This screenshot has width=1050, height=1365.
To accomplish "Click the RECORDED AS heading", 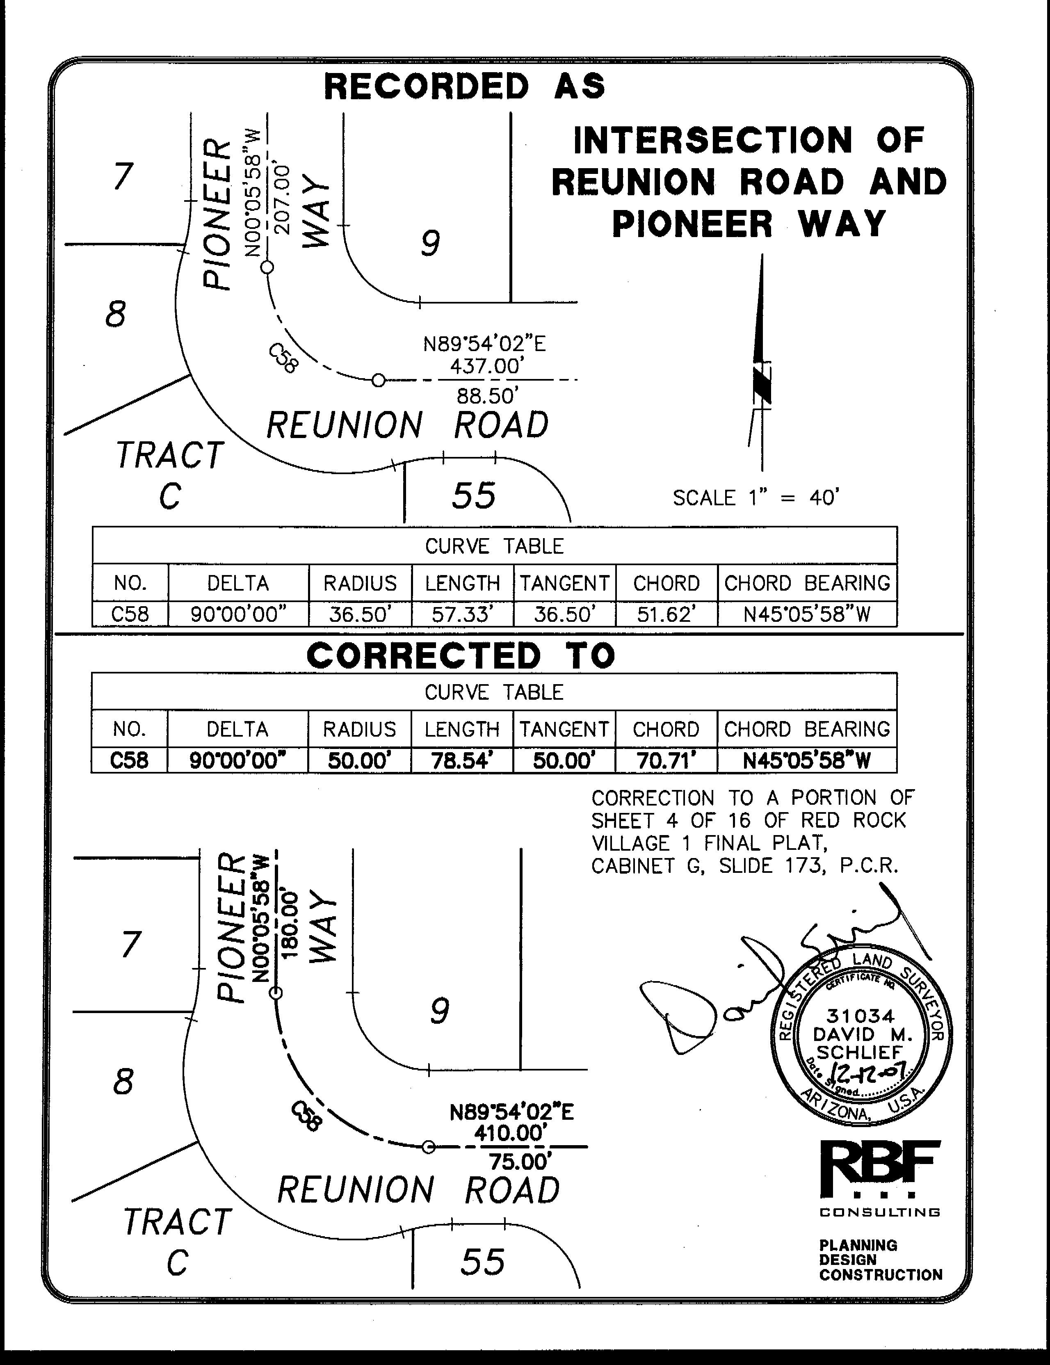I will [x=464, y=86].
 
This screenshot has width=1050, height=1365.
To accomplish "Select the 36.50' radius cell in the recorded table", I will [x=360, y=614].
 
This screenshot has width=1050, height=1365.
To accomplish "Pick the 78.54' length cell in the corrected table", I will [x=462, y=760].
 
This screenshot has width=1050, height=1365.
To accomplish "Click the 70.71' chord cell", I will [x=666, y=760].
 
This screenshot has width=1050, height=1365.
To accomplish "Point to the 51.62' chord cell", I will [x=666, y=614].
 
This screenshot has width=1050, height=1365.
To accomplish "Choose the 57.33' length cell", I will [x=463, y=614].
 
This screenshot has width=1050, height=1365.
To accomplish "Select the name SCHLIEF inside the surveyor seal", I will [x=859, y=1052].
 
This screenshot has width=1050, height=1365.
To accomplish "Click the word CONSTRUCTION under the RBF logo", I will [x=880, y=1275].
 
